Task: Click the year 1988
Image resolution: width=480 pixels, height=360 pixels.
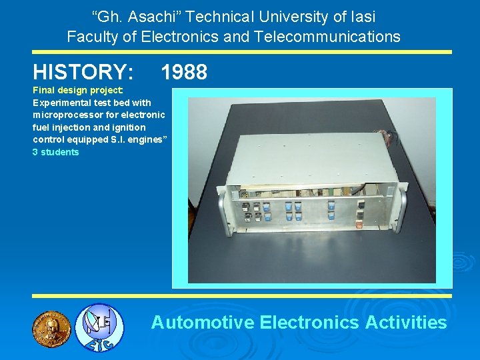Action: coord(184,72)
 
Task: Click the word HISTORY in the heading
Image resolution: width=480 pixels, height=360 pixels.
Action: coord(83,72)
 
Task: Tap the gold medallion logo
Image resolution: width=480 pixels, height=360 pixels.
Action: coord(51,327)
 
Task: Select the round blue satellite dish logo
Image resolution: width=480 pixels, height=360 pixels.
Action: coord(98,327)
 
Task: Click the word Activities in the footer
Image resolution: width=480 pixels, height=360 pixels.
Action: coord(406,323)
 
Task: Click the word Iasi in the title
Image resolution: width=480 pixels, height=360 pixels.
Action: coord(361,16)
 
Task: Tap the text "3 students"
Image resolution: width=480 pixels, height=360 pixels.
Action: coord(56,152)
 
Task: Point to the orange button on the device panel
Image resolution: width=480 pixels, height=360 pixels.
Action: coord(359,225)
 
